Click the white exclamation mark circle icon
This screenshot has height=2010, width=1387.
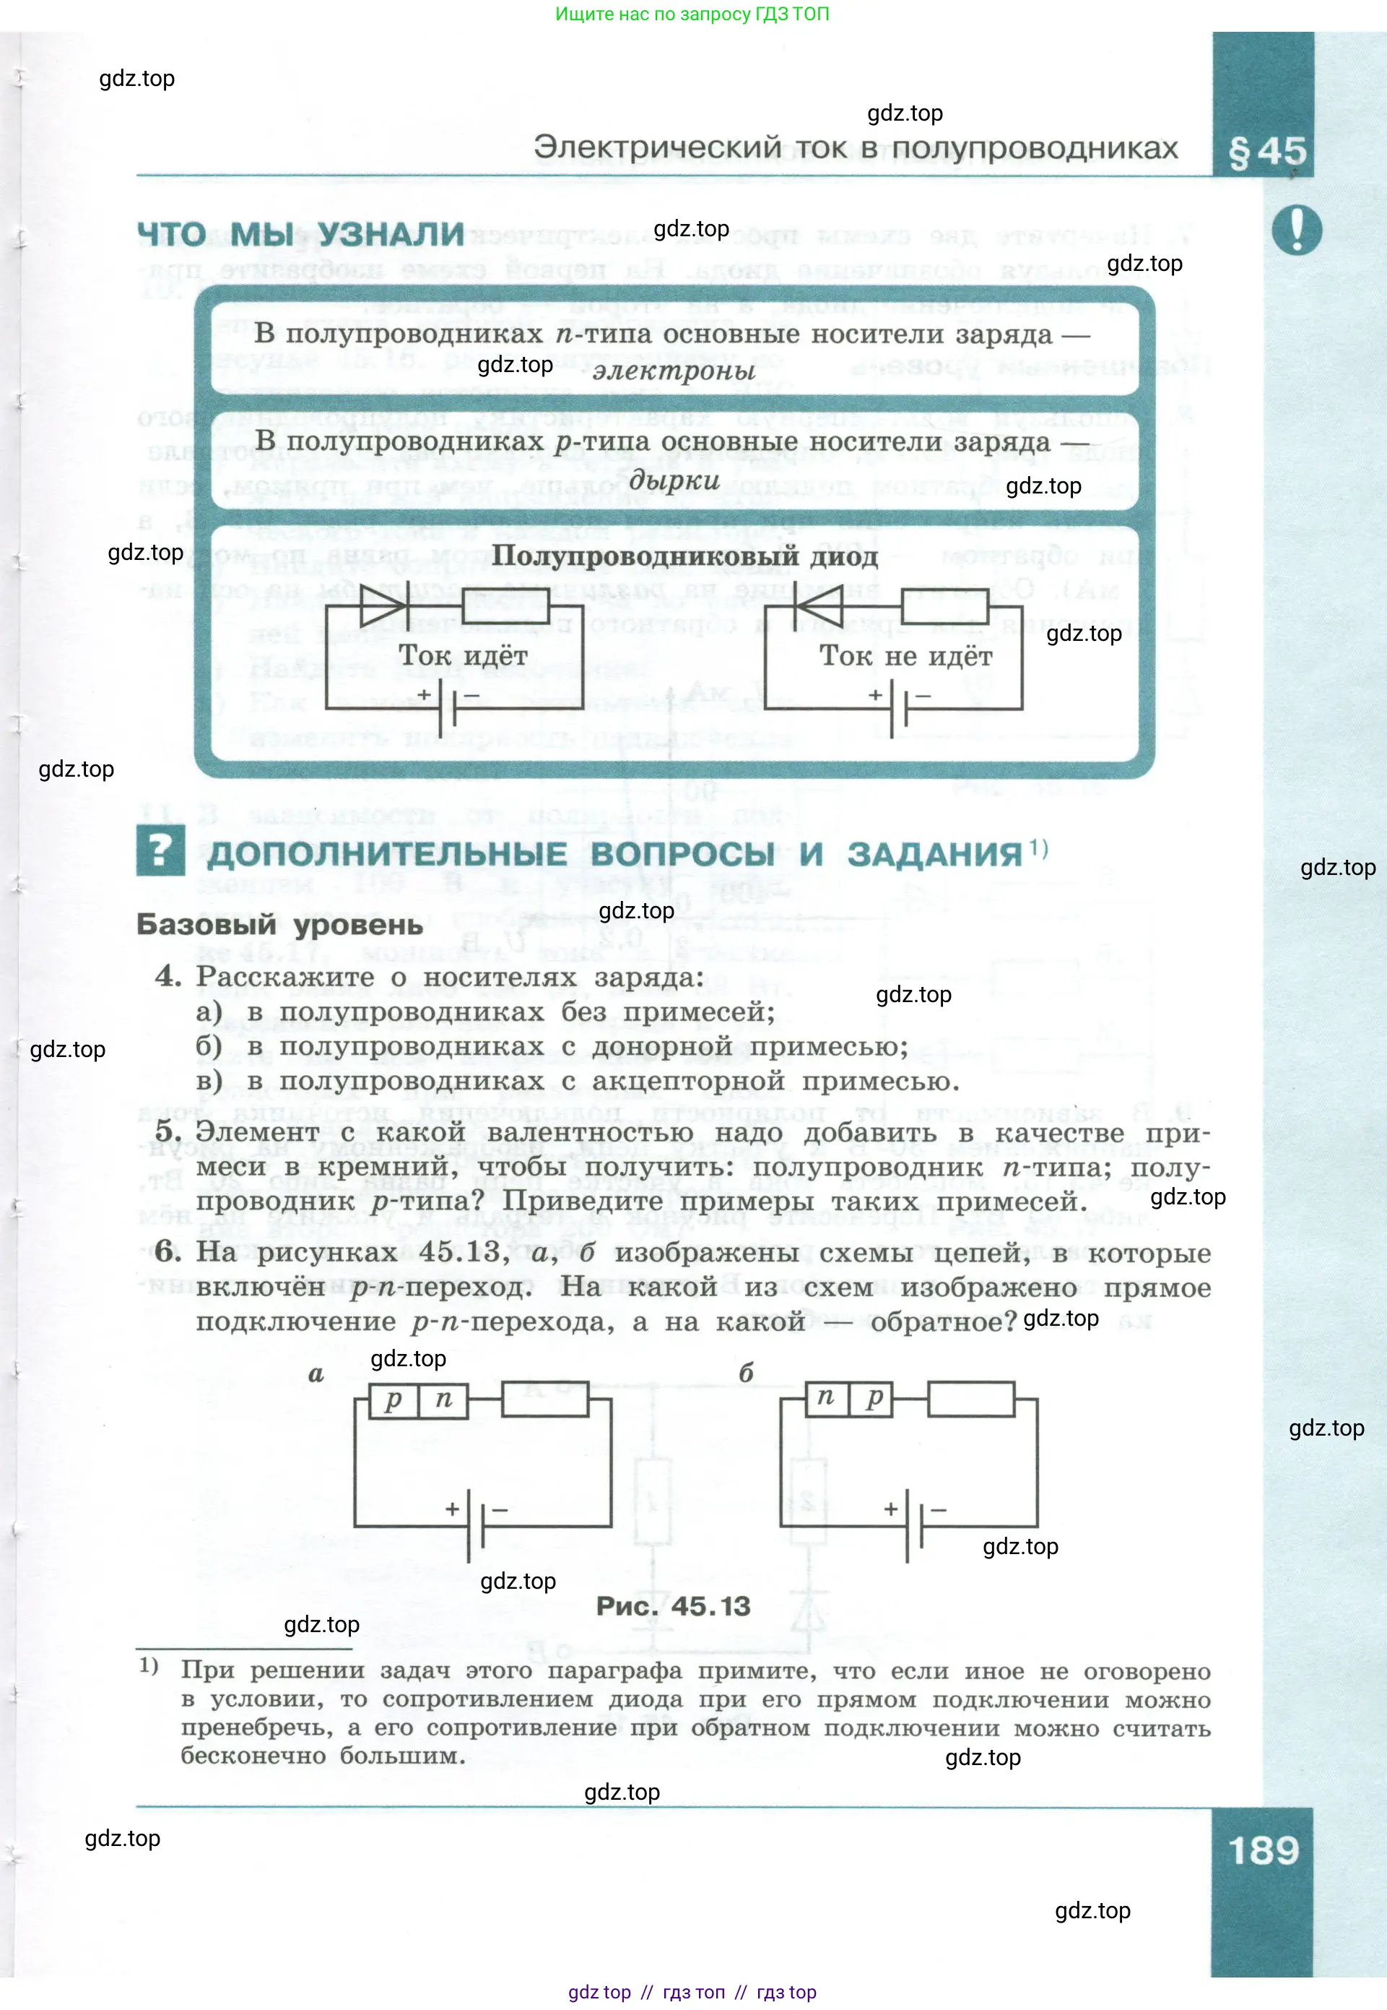coord(1296,230)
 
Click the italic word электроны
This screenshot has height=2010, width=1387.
coord(674,371)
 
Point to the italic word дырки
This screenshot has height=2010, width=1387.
coord(674,480)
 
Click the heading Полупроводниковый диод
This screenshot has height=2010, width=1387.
coord(684,556)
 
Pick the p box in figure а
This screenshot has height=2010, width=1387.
coord(394,1399)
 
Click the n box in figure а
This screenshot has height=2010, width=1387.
coord(443,1399)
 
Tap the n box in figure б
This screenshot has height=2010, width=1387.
coord(825,1397)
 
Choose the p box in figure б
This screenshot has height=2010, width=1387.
coord(874,1397)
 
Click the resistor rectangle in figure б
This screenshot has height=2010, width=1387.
coord(970,1398)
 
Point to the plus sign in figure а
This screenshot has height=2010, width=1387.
coord(452,1509)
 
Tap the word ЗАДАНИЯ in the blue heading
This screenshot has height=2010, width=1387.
coord(934,854)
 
